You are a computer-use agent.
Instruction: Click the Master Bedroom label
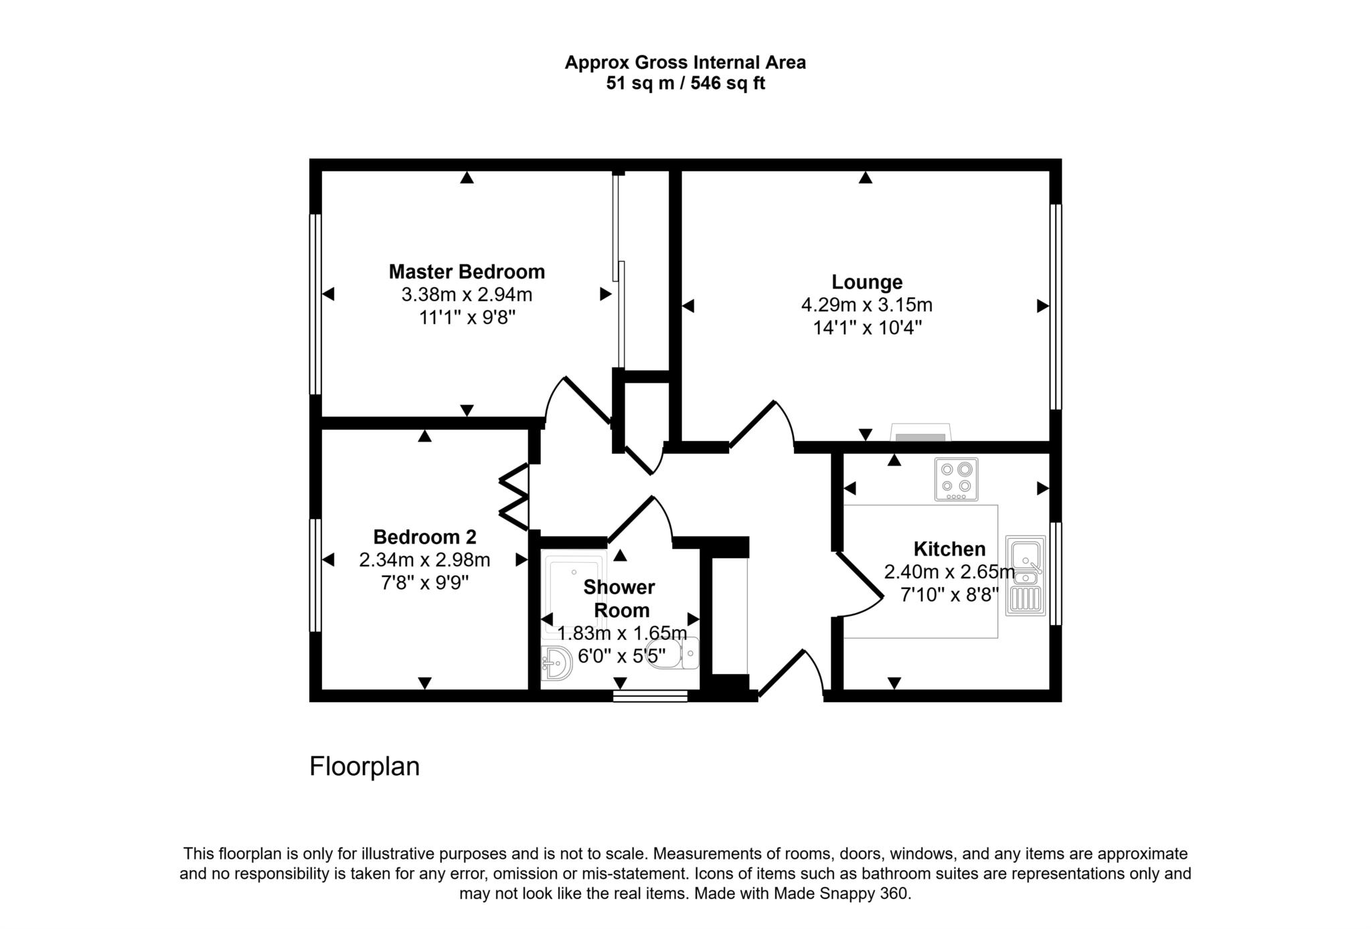467,272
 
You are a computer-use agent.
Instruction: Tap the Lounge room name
866,282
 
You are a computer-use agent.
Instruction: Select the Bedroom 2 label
424,537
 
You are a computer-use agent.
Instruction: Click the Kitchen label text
949,549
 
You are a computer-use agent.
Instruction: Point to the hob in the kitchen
956,479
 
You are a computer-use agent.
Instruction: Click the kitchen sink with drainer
1025,576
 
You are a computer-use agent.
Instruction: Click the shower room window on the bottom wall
650,697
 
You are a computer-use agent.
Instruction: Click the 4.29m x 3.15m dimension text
866,305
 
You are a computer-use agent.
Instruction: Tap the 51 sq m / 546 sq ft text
685,84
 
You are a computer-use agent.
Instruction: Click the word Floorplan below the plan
364,766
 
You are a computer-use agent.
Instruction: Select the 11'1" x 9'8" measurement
467,317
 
